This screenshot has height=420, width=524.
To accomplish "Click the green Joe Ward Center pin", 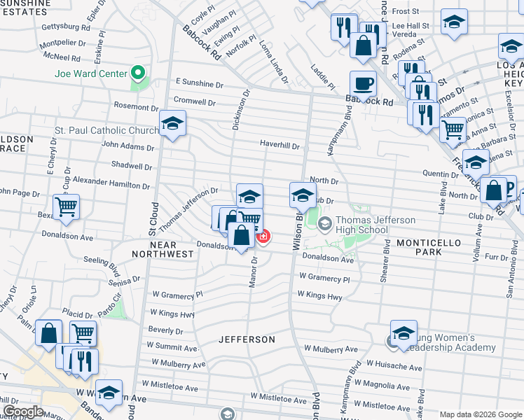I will point(139,73).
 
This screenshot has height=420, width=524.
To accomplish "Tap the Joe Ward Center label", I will point(92,73).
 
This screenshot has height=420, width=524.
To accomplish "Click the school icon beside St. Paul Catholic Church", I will point(172,124).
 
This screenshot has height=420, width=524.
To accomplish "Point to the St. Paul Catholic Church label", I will point(107,130).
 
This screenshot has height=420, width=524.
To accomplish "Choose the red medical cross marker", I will point(263,237).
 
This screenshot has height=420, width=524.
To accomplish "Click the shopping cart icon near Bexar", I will point(66,207).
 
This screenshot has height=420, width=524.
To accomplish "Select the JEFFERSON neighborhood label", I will point(247,339).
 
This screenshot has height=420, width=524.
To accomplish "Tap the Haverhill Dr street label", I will point(280,146).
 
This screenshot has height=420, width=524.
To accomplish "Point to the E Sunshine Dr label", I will point(200,83).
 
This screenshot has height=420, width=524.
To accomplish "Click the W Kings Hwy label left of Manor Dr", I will point(172,313).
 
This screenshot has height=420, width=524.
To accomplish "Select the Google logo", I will point(23,412).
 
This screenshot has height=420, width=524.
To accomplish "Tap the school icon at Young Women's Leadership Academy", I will point(404,333).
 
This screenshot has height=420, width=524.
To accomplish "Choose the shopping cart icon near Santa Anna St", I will point(453,129).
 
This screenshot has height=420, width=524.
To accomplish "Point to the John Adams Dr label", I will point(127,147).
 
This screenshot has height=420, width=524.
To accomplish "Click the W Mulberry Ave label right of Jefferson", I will point(331,349).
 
